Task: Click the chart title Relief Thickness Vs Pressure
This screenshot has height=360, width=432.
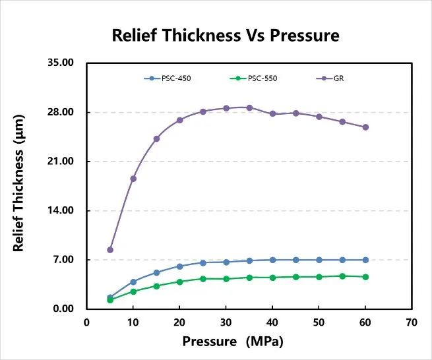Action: click(225, 36)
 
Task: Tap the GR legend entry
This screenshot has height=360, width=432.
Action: click(333, 78)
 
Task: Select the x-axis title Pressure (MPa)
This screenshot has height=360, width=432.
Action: click(235, 342)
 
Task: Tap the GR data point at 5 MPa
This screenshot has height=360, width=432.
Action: click(110, 250)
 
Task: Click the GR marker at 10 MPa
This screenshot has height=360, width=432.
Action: click(133, 179)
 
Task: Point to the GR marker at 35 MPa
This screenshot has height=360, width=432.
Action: click(249, 107)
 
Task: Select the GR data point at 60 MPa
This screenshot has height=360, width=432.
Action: click(365, 127)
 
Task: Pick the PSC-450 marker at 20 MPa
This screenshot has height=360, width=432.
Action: click(179, 266)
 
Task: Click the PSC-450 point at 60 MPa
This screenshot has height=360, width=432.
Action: click(365, 260)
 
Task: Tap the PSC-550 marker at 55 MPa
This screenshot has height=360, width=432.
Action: click(342, 276)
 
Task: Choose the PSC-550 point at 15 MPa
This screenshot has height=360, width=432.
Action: click(156, 286)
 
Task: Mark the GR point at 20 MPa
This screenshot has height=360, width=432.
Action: click(179, 120)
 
